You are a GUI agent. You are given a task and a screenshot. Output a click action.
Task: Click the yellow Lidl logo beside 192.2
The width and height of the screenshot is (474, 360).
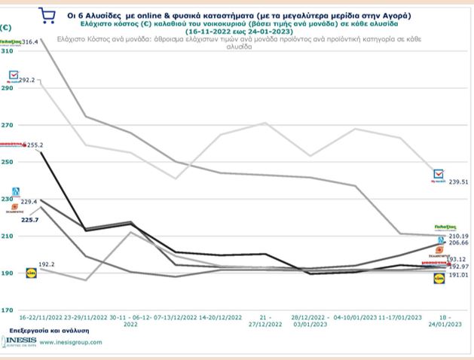(31, 272)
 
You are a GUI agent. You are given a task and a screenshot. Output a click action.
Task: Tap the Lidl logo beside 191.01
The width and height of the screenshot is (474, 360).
(439, 279)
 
